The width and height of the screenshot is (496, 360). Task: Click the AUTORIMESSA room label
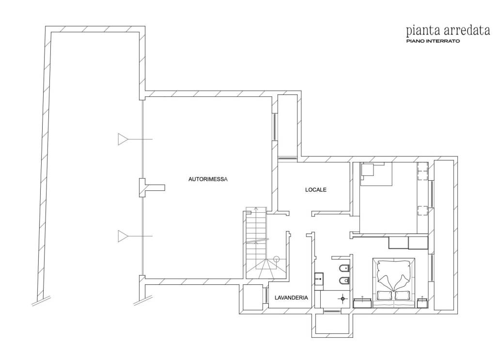click(208, 179)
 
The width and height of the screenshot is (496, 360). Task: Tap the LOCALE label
click(316, 190)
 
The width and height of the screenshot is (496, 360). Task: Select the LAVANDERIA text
click(291, 297)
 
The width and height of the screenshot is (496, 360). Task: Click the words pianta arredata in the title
click(448, 31)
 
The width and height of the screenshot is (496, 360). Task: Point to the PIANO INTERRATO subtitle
click(433, 41)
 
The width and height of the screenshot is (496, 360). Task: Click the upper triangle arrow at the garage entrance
click(123, 139)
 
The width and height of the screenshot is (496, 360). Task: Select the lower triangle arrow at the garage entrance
click(123, 236)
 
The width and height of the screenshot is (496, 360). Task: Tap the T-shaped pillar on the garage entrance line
click(152, 188)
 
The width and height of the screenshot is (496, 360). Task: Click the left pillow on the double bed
click(385, 296)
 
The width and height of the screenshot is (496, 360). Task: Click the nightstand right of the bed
click(423, 302)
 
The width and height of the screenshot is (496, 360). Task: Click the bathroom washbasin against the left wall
click(320, 279)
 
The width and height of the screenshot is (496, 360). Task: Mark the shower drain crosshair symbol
click(342, 298)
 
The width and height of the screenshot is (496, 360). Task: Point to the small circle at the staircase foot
click(277, 258)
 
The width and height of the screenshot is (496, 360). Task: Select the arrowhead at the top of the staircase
click(256, 209)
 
